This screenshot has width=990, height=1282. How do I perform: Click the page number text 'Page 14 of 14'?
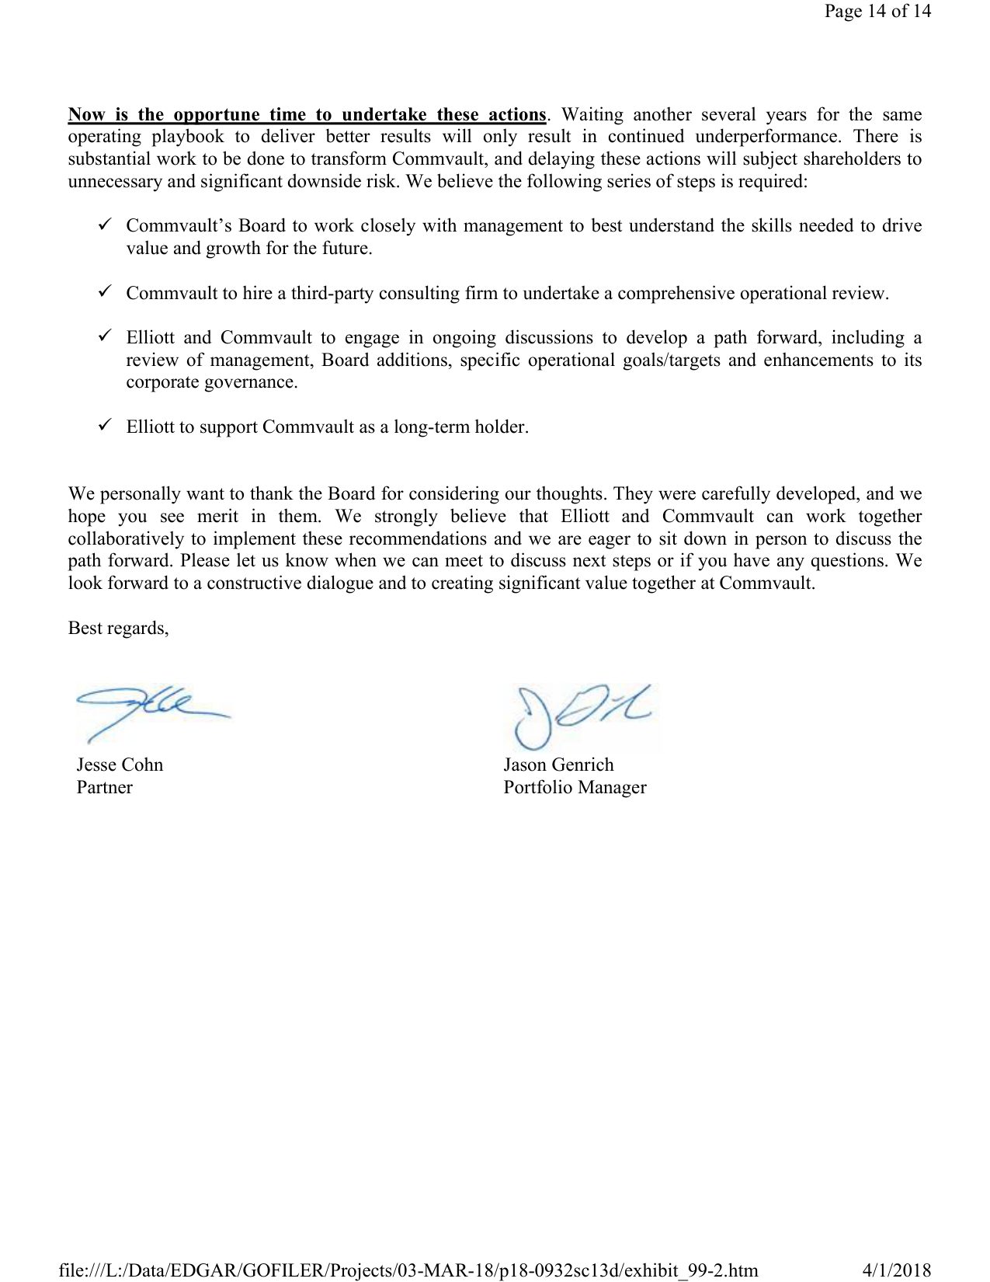[877, 11]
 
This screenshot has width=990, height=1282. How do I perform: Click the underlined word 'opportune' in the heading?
[217, 115]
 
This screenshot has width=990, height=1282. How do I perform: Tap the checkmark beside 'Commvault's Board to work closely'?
[106, 225]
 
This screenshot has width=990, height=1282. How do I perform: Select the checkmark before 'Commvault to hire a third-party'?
[106, 291]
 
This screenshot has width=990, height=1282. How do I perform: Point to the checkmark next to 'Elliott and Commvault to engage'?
[106, 336]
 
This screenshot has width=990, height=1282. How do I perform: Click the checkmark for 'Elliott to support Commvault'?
[106, 425]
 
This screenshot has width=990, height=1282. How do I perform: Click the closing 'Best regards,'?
[119, 629]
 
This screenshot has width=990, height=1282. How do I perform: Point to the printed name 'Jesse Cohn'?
[120, 765]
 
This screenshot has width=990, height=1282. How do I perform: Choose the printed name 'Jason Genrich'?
[558, 765]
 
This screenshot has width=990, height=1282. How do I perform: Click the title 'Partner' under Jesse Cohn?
[104, 788]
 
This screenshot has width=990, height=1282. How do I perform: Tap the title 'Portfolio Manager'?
[575, 788]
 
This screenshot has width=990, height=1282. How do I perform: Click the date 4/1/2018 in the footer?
[896, 1270]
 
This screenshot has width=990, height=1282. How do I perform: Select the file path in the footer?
[408, 1270]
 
